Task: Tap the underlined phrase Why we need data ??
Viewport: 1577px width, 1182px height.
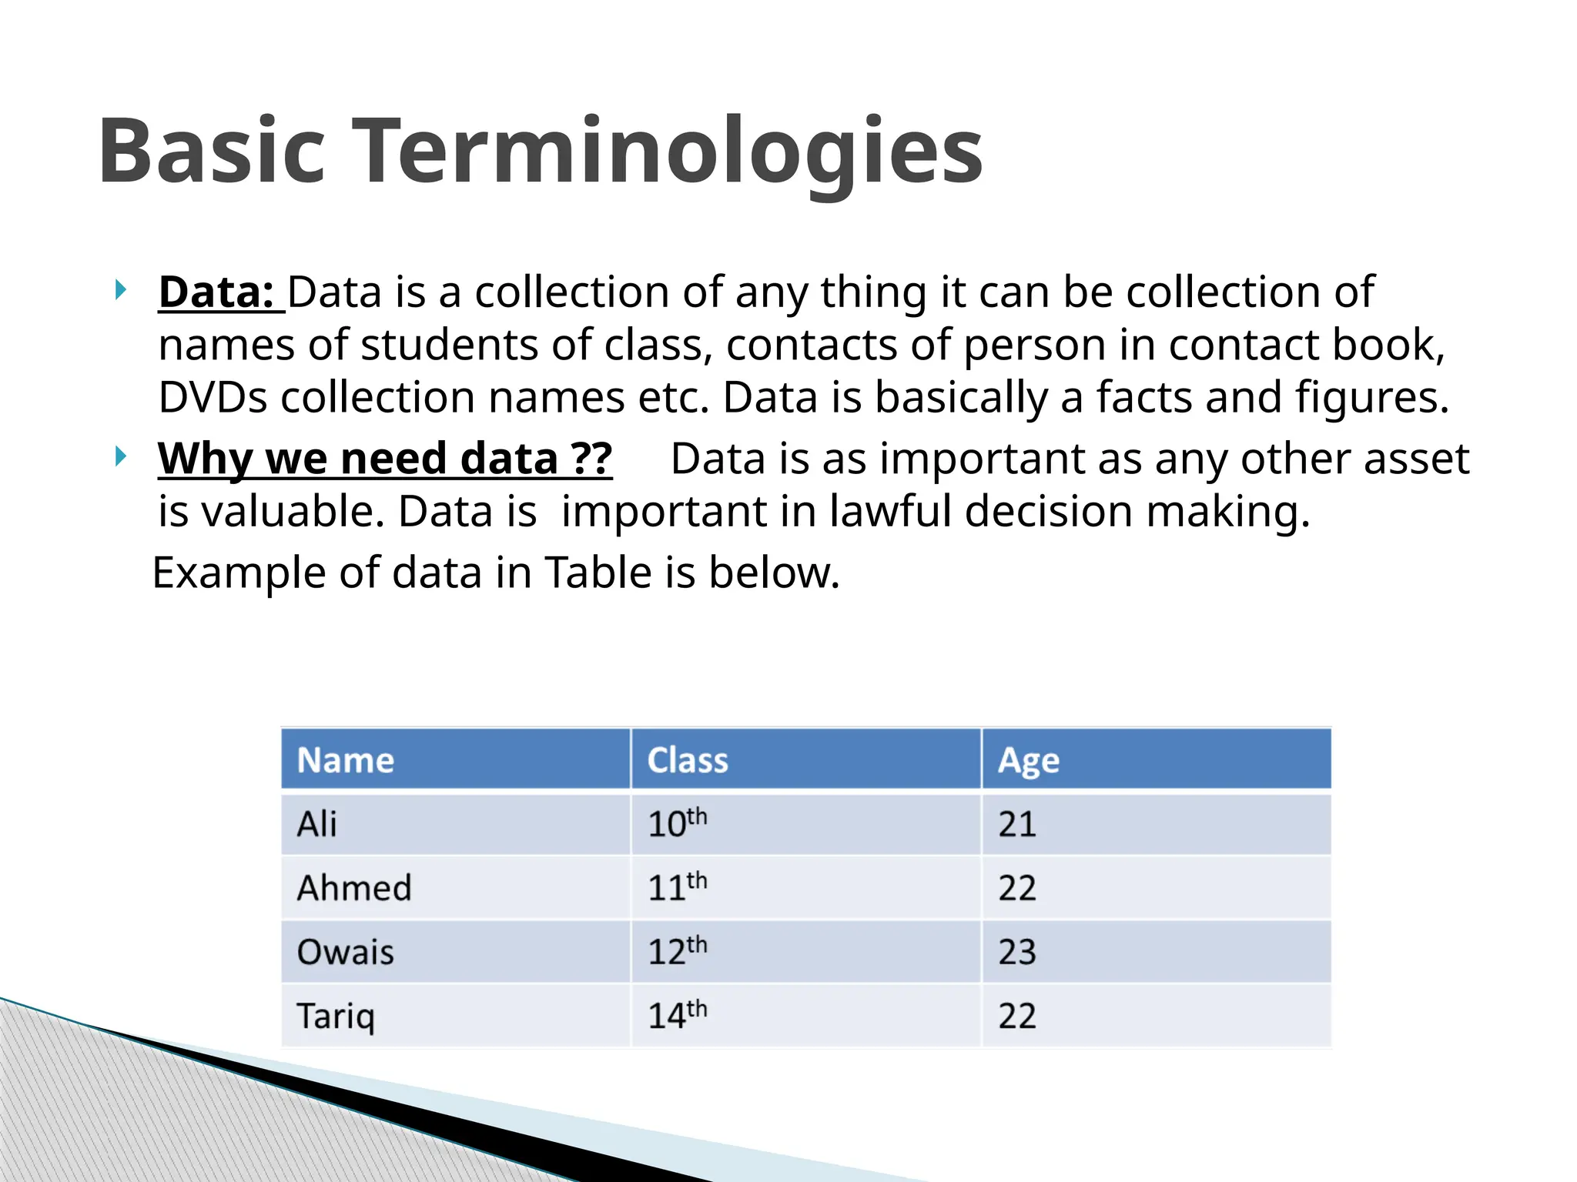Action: (x=385, y=459)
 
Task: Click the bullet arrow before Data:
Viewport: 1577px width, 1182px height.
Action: (x=120, y=290)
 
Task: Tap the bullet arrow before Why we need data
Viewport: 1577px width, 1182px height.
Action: (x=120, y=456)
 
